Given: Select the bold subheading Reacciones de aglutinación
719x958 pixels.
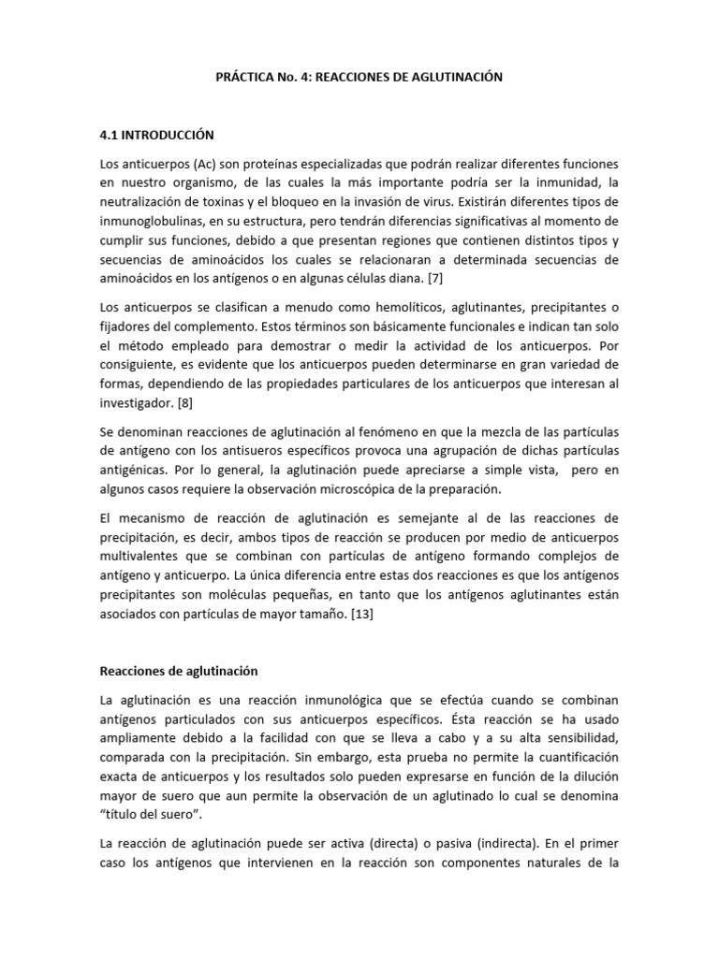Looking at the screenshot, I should tap(178, 671).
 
